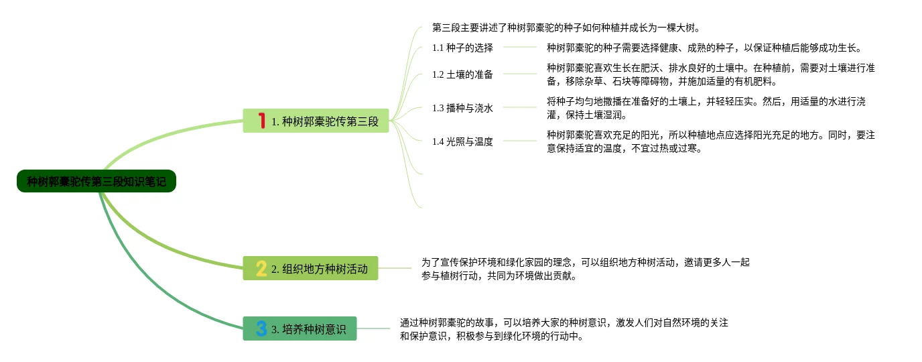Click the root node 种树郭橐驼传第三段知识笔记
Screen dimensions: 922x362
tap(96, 181)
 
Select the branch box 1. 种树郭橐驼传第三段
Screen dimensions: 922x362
tap(316, 121)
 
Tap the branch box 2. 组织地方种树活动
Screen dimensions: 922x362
tap(310, 268)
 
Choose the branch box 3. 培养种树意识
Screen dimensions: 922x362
tap(300, 328)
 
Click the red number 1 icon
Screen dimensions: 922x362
tap(262, 121)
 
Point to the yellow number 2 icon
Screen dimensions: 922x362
tap(261, 268)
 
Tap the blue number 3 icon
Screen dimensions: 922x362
tap(261, 328)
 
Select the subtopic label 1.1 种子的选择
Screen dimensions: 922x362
tap(462, 48)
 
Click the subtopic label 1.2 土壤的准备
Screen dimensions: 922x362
tap(462, 74)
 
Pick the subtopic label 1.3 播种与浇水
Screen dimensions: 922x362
tap(462, 108)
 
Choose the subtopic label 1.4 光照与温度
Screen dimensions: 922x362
tap(462, 141)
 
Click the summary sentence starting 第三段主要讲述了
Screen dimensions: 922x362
tap(566, 28)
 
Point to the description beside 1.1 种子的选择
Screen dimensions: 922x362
tap(704, 48)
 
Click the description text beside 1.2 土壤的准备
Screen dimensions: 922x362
tap(710, 74)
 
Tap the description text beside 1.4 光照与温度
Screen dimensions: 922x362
tap(710, 141)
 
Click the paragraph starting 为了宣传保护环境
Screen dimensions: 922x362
tap(585, 269)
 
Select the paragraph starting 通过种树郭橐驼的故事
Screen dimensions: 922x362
tap(564, 329)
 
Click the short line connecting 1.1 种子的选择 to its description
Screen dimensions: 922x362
tap(519, 47)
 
